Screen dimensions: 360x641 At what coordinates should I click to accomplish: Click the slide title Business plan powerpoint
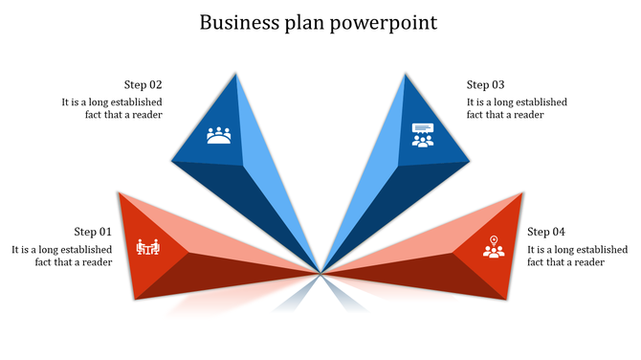click(x=319, y=22)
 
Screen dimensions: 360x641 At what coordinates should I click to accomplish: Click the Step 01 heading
click(x=93, y=232)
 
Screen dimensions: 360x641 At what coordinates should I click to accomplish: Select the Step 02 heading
click(x=143, y=84)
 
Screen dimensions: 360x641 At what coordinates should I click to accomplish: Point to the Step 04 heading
click(x=546, y=232)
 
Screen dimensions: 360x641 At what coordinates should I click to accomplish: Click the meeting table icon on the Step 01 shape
click(x=148, y=248)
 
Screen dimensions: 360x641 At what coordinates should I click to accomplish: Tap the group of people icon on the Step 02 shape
click(x=219, y=136)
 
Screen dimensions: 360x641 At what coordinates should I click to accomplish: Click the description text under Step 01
click(x=62, y=256)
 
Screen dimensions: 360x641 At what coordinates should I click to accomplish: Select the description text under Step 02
click(x=112, y=108)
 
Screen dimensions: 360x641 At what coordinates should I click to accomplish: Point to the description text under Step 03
click(x=517, y=108)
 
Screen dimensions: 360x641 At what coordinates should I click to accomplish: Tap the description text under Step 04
click(x=577, y=256)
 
